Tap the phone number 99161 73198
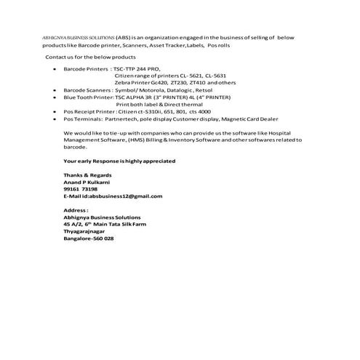tap(81, 188)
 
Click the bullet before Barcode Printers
tap(57, 68)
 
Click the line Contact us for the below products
tap(90, 56)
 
